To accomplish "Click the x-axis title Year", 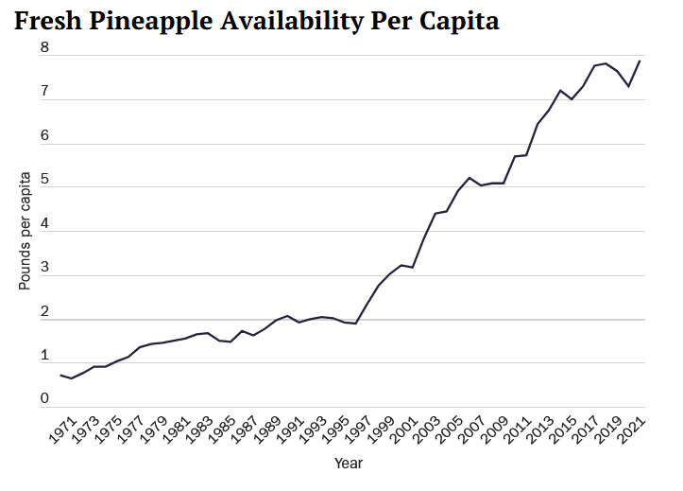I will click(x=348, y=464).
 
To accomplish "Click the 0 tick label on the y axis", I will click(x=44, y=399).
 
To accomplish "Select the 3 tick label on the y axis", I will click(x=44, y=268).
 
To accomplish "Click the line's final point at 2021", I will click(x=640, y=61).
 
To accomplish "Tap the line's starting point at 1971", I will click(x=61, y=376).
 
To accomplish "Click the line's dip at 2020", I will click(x=629, y=86).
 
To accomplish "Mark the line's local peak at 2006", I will click(x=469, y=177).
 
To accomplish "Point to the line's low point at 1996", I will click(x=355, y=324).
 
